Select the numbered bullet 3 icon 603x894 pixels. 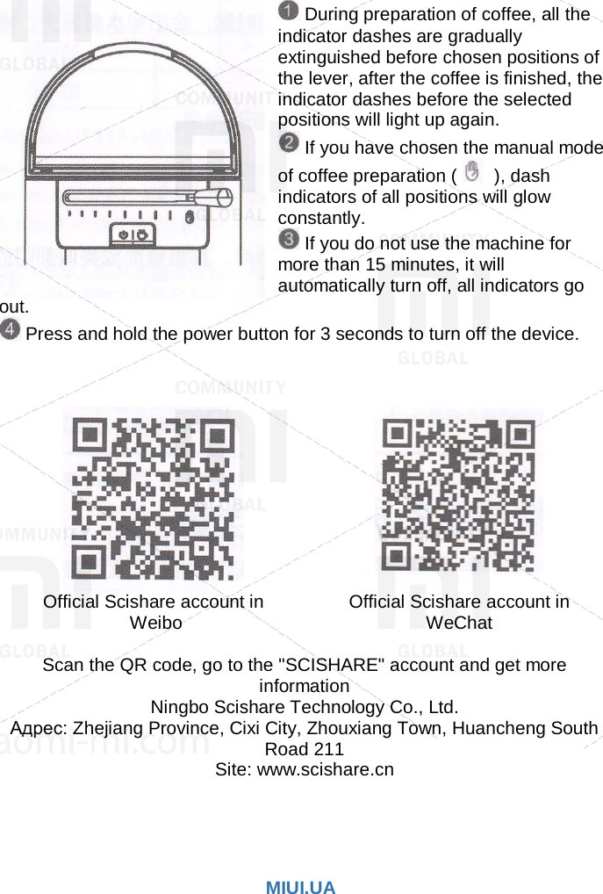[289, 239]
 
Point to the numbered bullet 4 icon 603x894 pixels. [11, 331]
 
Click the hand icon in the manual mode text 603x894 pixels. [472, 172]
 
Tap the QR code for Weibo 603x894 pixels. [154, 498]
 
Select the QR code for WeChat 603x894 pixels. [458, 497]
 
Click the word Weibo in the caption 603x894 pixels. [155, 624]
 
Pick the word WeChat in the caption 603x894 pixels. [458, 624]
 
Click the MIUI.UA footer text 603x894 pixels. [301, 888]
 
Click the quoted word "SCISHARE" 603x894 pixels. [328, 666]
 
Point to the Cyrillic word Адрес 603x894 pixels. [38, 728]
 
